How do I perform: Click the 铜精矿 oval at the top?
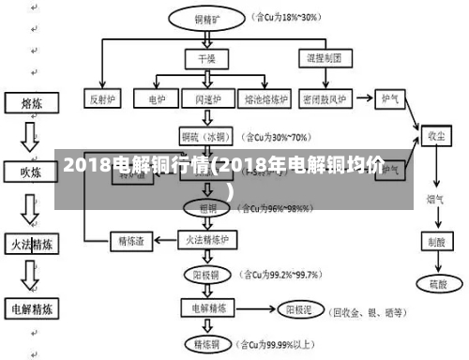click(207, 17)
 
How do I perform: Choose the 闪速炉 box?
click(207, 97)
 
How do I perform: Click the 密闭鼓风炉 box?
click(325, 97)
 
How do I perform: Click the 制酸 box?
click(435, 240)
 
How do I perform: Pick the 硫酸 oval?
click(435, 282)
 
